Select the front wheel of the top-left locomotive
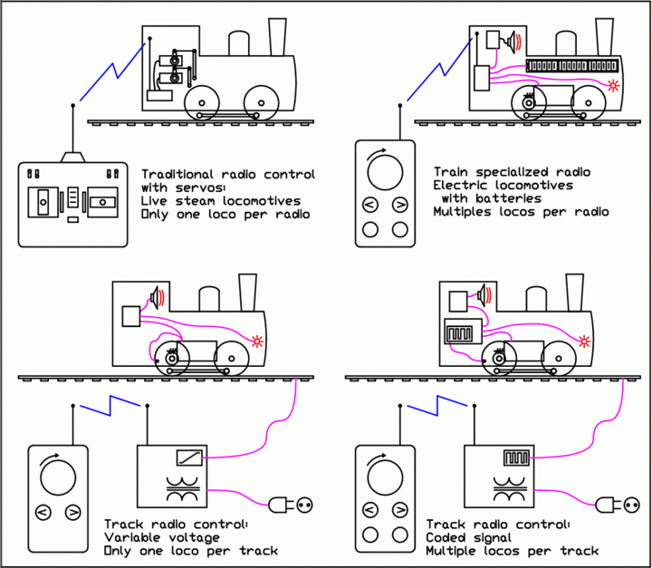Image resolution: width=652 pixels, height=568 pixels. click(x=261, y=101)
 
